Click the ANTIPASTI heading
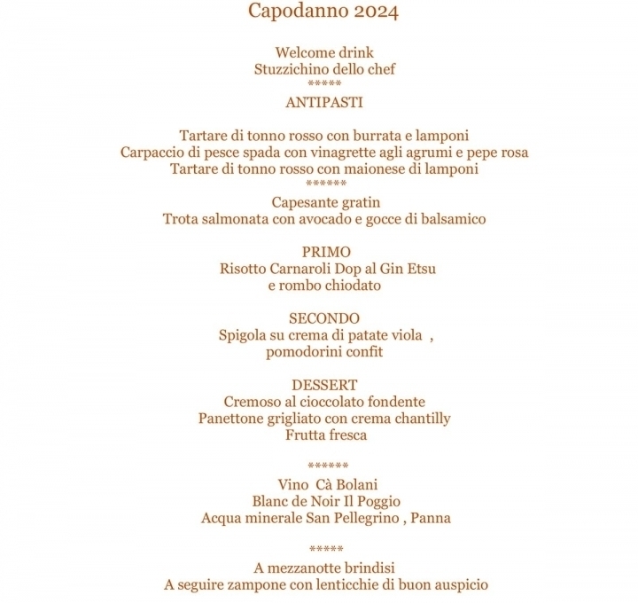pyautogui.click(x=324, y=103)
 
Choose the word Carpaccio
pyautogui.click(x=153, y=153)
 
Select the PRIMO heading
pyautogui.click(x=325, y=252)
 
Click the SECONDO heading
pyautogui.click(x=324, y=318)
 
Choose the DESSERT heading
pyautogui.click(x=324, y=385)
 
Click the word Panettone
pyautogui.click(x=234, y=419)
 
